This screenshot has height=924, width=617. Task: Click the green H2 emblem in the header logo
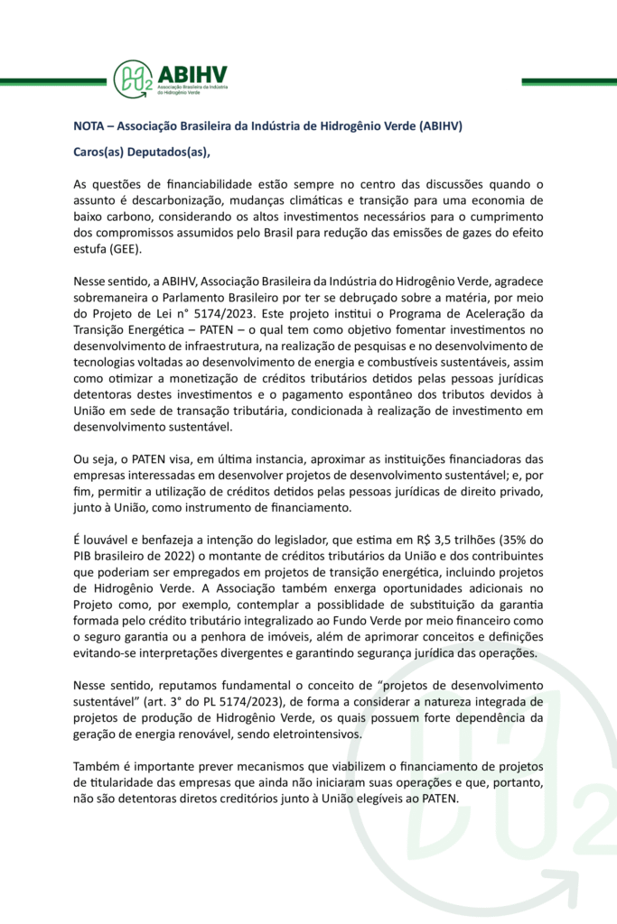coord(132,78)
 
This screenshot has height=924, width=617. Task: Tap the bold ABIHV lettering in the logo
coord(192,73)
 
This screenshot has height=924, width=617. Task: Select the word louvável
coord(108,539)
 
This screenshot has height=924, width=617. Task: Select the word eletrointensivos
coord(310,734)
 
